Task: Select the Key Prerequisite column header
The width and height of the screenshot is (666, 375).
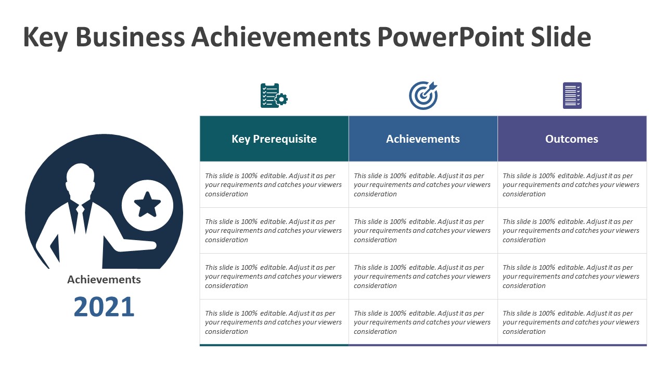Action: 274,139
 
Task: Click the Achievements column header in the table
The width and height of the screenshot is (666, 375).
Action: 423,139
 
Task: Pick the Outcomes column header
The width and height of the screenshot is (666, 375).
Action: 572,139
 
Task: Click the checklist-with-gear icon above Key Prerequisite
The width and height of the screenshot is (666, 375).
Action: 273,96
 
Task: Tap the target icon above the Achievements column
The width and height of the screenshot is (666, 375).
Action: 423,95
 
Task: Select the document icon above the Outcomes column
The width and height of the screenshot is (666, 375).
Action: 572,95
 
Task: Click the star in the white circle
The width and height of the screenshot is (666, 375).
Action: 147,205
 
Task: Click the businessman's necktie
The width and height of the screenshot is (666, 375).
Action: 81,219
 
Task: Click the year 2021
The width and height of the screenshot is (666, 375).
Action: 104,307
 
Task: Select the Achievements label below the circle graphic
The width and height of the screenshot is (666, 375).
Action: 104,280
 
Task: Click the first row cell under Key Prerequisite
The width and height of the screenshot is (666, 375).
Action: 274,185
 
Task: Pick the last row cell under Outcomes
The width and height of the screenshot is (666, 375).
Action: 572,322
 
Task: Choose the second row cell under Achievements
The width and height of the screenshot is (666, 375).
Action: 423,231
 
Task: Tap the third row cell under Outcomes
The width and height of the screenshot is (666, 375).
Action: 572,277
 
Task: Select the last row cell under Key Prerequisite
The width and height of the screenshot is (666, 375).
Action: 274,322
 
